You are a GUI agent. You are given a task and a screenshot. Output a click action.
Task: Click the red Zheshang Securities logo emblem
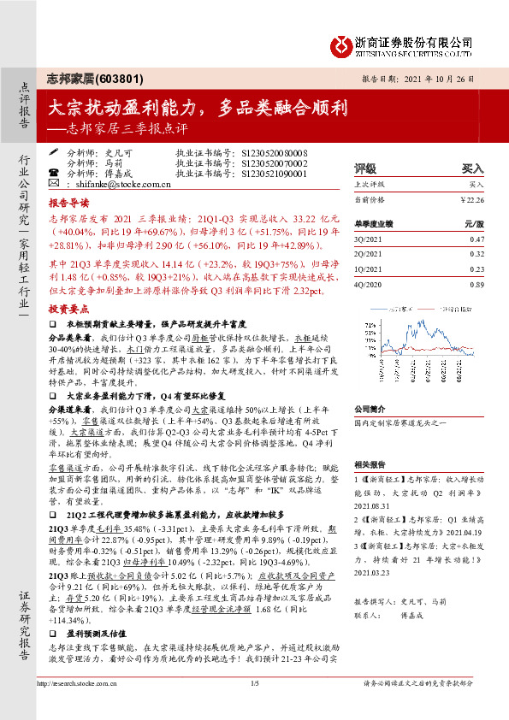tap(340, 44)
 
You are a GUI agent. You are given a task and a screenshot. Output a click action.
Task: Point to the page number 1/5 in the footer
tap(254, 707)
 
